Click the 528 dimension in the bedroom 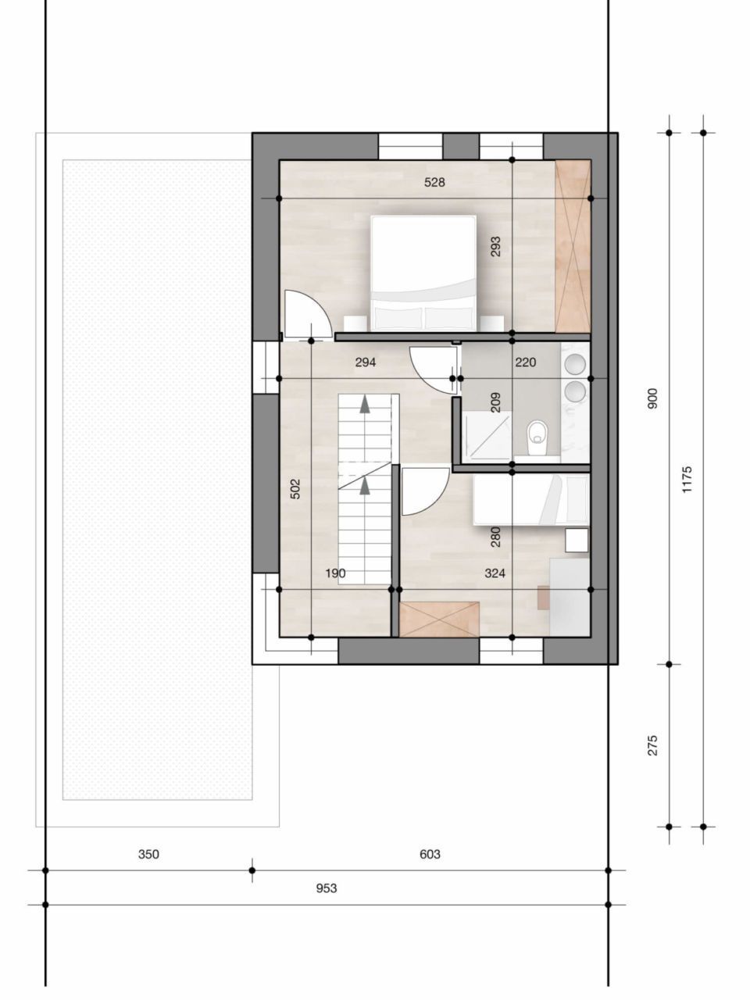[x=434, y=183]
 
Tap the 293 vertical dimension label [x=495, y=247]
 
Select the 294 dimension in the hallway [x=366, y=362]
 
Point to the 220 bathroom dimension [x=525, y=362]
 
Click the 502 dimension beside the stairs [x=295, y=489]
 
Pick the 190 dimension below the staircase [x=335, y=573]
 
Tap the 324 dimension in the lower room [x=495, y=573]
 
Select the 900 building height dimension [x=653, y=398]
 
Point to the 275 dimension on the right [x=653, y=745]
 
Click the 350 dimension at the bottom [x=148, y=854]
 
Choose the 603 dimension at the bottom [x=430, y=854]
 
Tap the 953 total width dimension [x=327, y=888]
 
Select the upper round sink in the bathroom [x=577, y=364]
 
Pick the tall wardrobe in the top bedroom [x=573, y=245]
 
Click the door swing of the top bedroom [x=302, y=316]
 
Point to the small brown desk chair [x=544, y=597]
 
